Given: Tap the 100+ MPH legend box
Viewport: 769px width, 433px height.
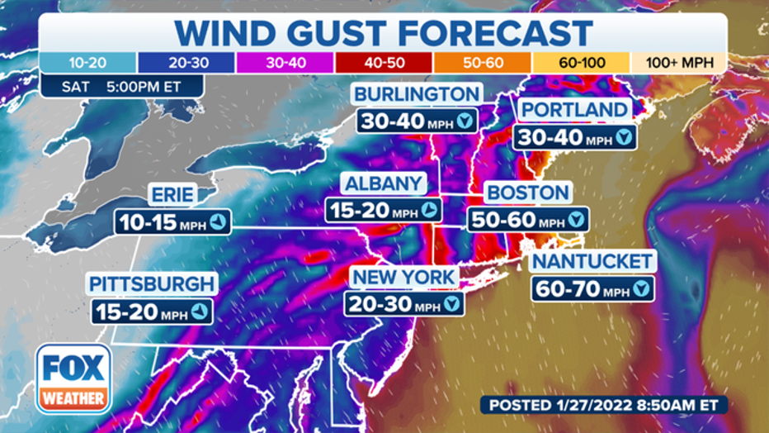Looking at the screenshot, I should (678, 63).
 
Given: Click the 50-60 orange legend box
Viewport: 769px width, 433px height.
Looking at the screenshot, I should (481, 63).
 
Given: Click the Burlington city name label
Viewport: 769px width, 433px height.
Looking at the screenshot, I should (417, 94).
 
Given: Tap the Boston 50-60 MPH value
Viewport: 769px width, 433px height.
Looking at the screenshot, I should (517, 221).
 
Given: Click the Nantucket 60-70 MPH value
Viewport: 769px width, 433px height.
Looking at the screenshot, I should (581, 289).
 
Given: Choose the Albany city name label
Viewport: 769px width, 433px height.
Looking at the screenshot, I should (384, 183).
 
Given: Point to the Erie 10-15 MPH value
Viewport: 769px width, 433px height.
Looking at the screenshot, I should (162, 221).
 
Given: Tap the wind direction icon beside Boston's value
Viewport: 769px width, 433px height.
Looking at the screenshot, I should (577, 221).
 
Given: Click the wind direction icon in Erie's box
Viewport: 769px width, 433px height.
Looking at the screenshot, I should (217, 221).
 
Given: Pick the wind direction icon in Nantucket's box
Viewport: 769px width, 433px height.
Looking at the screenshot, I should (641, 289).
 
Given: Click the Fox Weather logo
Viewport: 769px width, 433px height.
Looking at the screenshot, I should (73, 378).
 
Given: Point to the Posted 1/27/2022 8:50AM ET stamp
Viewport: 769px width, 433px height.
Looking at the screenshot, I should (605, 406).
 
